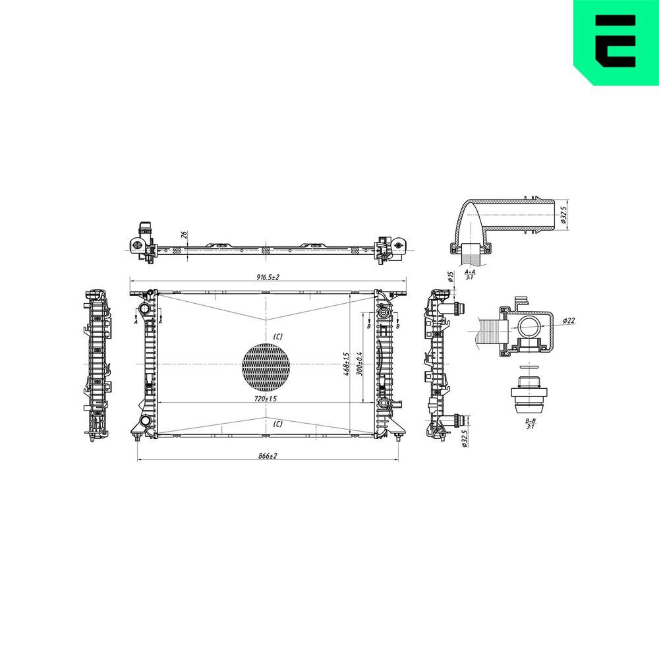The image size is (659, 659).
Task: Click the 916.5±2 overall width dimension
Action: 268,278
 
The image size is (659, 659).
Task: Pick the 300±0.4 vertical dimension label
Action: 360,364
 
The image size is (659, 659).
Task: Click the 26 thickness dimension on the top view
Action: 185,235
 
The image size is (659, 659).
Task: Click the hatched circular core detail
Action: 266,365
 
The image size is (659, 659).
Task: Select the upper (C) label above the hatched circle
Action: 277,337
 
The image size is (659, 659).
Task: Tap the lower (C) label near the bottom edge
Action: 277,424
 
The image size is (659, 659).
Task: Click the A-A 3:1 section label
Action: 471,274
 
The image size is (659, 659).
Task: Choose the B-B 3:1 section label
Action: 530,424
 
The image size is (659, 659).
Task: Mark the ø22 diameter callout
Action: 569,321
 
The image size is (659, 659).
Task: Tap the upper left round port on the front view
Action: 144,310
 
